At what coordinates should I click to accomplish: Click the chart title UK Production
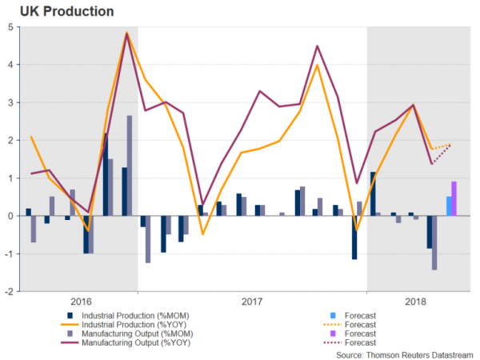[x=54, y=11]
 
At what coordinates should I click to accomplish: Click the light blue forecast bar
[x=448, y=206]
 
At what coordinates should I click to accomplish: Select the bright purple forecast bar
[x=454, y=198]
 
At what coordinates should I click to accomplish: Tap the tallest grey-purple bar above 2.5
[x=130, y=166]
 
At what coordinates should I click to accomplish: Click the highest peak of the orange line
[x=127, y=33]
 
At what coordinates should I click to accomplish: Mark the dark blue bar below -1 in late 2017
[x=354, y=238]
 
